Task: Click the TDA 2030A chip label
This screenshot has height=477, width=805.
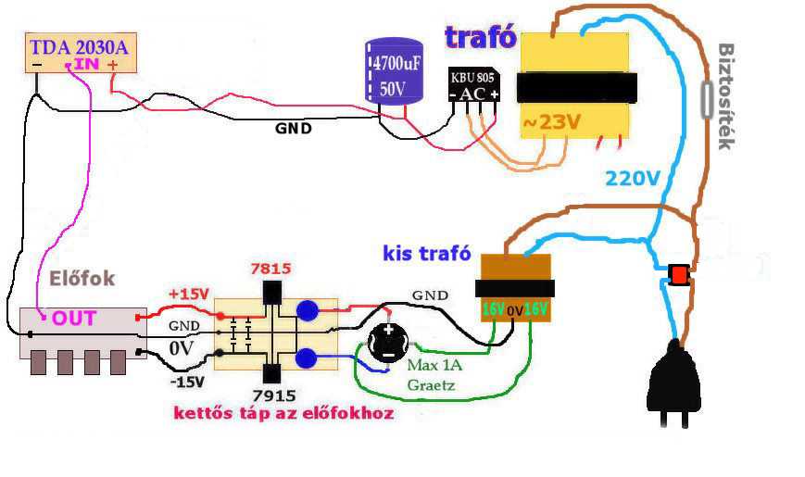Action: click(78, 46)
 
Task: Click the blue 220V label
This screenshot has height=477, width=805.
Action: click(633, 178)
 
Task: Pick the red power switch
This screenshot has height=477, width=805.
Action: click(679, 274)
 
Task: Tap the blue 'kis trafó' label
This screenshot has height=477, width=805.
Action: click(426, 253)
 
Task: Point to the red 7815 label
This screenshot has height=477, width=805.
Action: click(271, 269)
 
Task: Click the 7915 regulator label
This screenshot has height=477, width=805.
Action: click(273, 395)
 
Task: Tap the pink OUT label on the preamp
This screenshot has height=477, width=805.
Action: click(74, 319)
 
